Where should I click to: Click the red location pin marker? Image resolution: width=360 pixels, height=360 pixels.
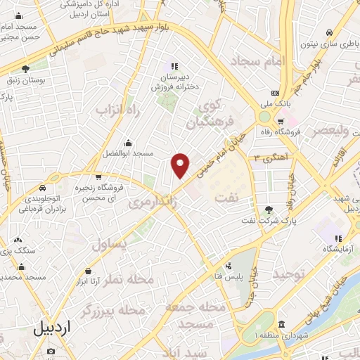point(181,165)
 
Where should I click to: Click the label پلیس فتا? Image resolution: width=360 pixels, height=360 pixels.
point(229,276)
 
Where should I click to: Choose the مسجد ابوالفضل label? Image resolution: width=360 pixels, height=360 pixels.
point(127,153)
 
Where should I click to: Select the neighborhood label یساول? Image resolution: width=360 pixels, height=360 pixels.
point(109,244)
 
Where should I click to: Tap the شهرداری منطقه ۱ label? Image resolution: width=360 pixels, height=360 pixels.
point(281,335)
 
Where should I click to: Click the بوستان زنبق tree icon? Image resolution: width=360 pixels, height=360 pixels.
point(26,69)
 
